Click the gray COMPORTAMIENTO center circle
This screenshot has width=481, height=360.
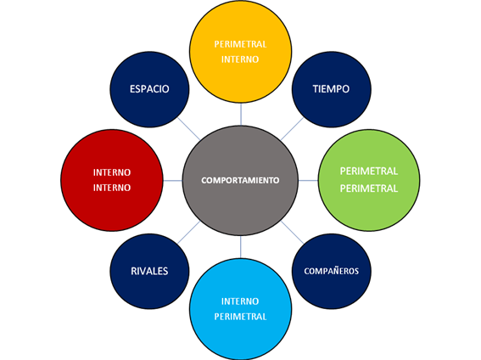[x=240, y=181]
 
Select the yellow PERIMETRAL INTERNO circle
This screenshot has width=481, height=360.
[x=241, y=52]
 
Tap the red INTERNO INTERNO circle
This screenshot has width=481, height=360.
[x=112, y=180]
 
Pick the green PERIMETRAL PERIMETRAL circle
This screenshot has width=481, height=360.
[x=369, y=180]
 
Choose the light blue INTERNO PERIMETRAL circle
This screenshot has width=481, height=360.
[x=241, y=309]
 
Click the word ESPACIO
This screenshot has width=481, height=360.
[x=149, y=89]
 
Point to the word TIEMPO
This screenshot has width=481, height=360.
[x=331, y=89]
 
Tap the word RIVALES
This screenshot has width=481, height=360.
[x=149, y=271]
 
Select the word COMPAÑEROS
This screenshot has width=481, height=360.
[x=332, y=271]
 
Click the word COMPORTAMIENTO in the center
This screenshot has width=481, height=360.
[x=240, y=180]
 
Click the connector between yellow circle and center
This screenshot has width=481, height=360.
[x=241, y=114]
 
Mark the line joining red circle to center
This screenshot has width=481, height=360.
[x=173, y=181]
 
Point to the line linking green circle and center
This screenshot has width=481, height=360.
[x=308, y=181]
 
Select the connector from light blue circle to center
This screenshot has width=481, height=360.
[x=241, y=247]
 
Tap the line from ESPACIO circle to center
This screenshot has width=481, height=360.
[x=189, y=128]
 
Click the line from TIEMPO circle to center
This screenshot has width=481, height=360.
[x=292, y=128]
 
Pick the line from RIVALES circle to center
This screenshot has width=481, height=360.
[x=189, y=233]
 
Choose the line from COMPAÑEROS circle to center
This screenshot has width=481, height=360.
[x=292, y=233]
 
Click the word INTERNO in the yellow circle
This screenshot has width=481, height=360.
[x=240, y=59]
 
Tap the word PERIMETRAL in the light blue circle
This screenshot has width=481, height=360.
[x=240, y=317]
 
